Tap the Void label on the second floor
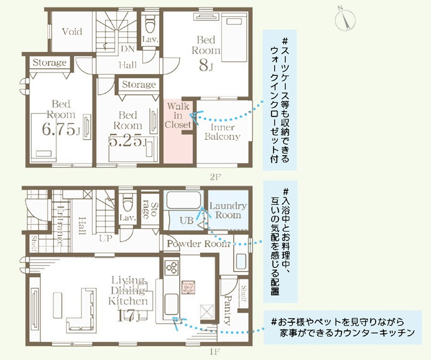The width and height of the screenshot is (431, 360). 72,32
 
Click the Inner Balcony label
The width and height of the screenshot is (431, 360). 222,132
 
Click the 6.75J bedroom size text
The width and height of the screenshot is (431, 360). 61,130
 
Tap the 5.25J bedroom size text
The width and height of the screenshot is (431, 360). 128,141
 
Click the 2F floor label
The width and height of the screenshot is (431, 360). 214,177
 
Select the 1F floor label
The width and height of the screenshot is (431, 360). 214,351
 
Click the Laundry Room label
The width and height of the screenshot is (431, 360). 228,210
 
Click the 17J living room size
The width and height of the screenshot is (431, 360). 127,316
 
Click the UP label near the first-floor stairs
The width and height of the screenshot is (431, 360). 105,239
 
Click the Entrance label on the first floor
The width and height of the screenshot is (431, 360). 60,226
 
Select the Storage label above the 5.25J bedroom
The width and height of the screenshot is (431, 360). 139,84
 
